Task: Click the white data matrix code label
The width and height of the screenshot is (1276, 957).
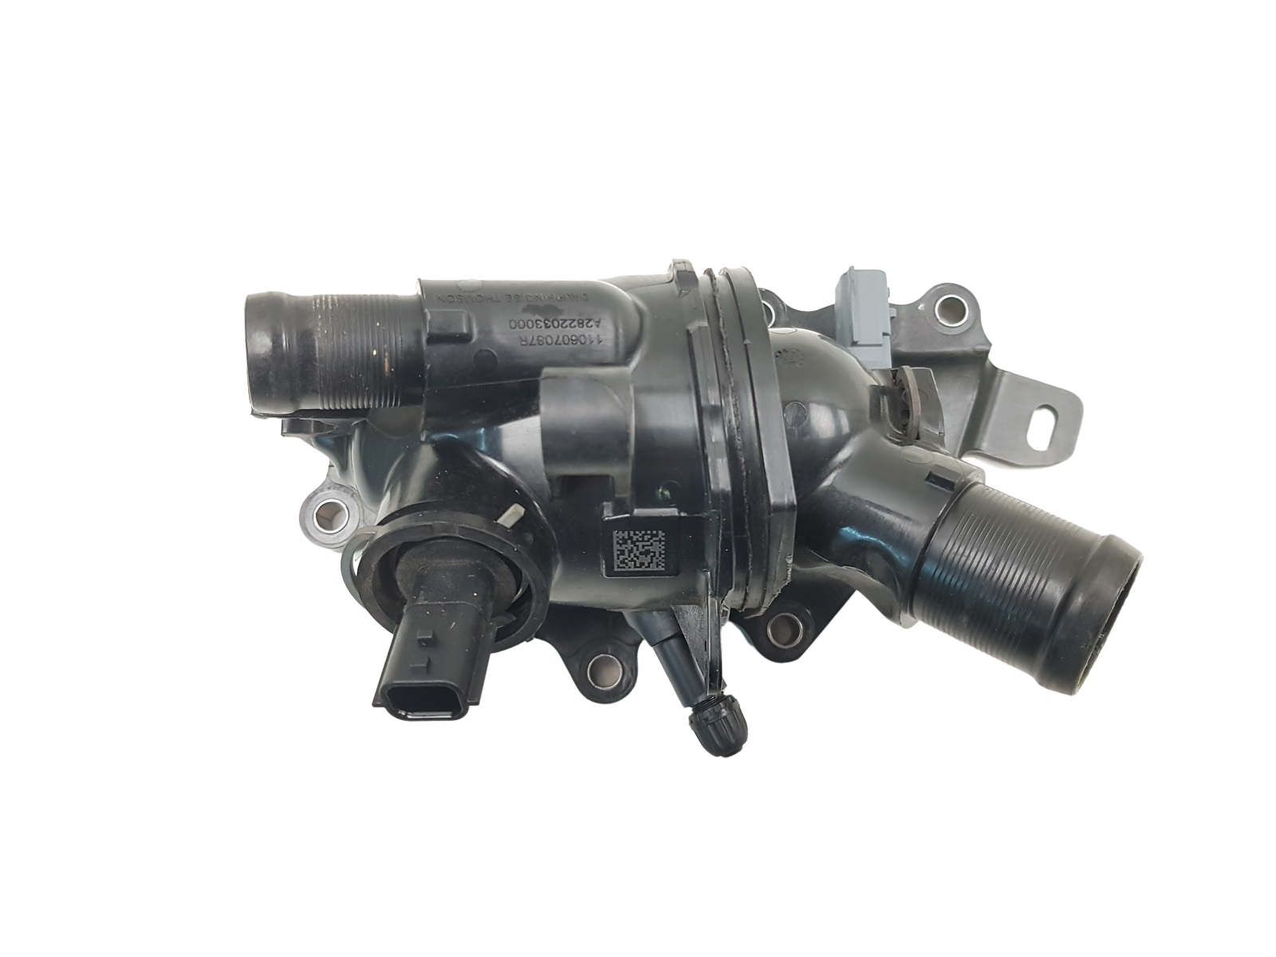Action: coord(637,550)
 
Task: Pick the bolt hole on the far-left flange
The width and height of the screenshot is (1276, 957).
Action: coord(325,507)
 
